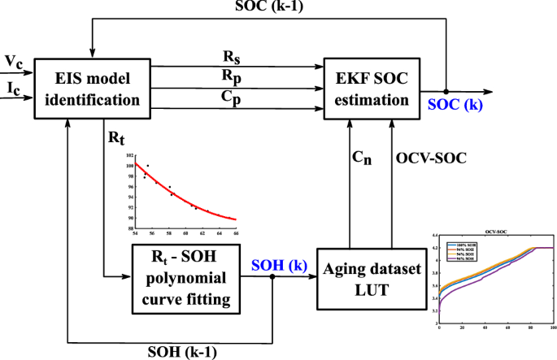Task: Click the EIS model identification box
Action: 83,89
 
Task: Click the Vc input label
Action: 14,60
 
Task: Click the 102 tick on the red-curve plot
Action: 120,155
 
